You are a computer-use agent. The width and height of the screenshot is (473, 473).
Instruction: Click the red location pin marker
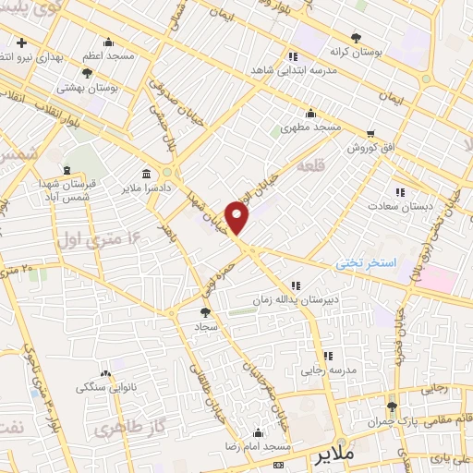tap(237, 219)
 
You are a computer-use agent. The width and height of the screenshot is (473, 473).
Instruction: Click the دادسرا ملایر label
tap(173, 188)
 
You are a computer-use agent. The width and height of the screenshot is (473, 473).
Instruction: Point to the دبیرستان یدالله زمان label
tap(296, 300)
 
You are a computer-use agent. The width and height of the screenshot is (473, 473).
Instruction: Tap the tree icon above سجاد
tap(205, 312)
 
